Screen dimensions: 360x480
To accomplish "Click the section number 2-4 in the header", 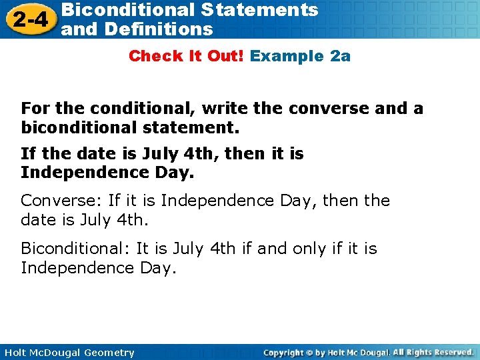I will (x=28, y=19).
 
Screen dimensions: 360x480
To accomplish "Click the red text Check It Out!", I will (x=187, y=56).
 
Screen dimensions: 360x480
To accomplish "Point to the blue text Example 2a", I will (x=300, y=56).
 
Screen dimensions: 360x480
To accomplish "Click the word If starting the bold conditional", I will (x=28, y=154).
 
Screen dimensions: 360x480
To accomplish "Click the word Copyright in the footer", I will (x=285, y=353).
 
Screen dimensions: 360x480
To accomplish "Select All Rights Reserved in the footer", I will (x=433, y=353).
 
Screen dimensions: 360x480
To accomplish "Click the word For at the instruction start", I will (x=35, y=109).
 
